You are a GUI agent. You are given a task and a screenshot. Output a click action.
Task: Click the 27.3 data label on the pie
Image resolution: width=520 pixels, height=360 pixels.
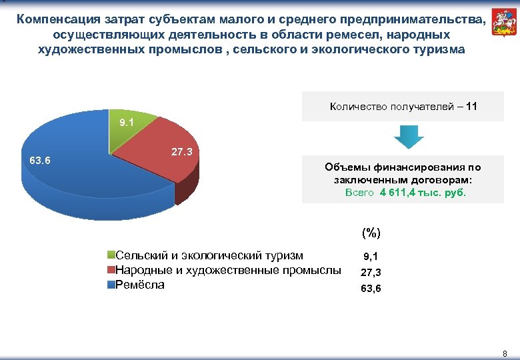(x=182, y=152)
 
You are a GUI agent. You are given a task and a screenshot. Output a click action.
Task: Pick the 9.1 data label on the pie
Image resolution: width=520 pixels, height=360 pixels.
(x=126, y=123)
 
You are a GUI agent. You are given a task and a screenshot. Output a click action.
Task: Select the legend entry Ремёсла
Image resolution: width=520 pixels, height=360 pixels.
(x=140, y=285)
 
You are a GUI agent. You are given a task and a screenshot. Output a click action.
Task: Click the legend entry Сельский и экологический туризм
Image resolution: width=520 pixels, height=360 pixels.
(x=209, y=255)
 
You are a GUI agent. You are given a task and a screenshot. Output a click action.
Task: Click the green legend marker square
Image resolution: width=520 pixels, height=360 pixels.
(x=112, y=255)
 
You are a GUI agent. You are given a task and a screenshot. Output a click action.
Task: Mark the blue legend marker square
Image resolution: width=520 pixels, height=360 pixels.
(x=112, y=285)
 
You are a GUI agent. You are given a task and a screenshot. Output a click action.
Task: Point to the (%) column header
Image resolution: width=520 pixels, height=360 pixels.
(x=371, y=233)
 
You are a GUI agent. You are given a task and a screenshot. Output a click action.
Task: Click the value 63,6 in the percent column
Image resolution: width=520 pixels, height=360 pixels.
(x=371, y=289)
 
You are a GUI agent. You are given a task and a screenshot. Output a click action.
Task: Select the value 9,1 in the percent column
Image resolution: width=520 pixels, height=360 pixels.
(x=371, y=256)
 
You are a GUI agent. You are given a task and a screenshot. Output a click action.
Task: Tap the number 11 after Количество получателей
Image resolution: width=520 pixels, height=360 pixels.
(x=471, y=106)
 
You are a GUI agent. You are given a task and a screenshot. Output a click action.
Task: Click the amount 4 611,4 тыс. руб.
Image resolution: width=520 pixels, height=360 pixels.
(x=423, y=193)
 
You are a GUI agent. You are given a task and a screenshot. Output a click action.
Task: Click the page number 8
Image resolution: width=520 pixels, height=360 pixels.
(x=505, y=353)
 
